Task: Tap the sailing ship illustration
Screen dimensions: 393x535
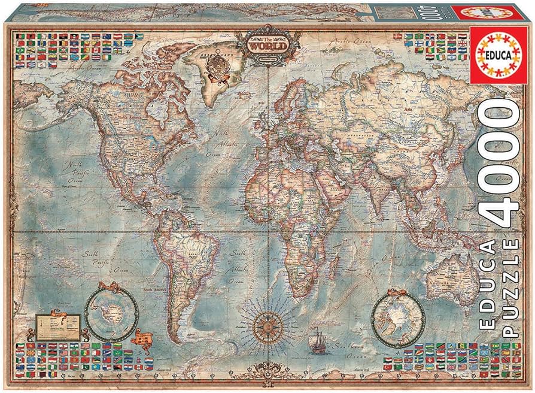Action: coord(316,346)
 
